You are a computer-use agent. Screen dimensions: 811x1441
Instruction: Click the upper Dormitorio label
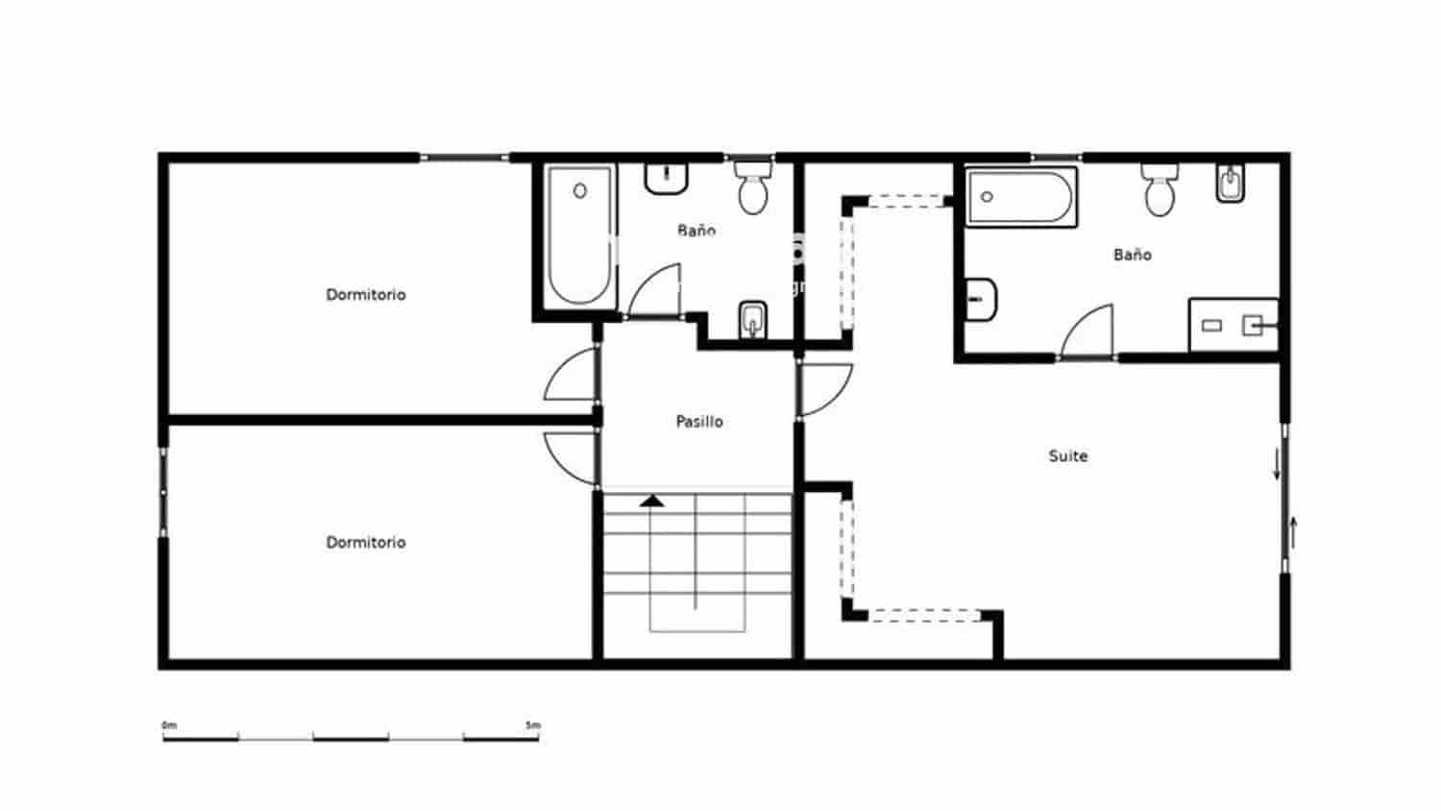pos(366,295)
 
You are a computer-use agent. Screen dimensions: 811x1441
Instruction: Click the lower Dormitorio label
pos(366,543)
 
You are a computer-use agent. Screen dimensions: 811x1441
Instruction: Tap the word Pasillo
pos(699,422)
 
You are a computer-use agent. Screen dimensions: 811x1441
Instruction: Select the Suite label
pos(1068,456)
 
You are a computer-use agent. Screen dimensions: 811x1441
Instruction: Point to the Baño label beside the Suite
pos(1133,255)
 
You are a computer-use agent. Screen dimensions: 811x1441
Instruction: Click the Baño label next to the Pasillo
pos(696,231)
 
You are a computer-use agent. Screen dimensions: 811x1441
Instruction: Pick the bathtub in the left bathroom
pos(579,236)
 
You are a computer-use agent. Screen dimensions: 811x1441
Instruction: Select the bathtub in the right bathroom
pos(1020,198)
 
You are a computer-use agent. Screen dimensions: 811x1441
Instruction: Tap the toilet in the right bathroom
pos(1160,189)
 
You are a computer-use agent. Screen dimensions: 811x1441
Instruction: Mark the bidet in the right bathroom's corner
pos(1231,183)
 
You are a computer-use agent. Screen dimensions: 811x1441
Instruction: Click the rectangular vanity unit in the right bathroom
pos(1233,326)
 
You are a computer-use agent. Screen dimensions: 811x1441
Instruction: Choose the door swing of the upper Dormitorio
pos(573,377)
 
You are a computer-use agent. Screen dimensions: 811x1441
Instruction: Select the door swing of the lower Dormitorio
pos(573,456)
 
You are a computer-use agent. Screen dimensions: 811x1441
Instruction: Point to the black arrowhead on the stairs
pos(652,500)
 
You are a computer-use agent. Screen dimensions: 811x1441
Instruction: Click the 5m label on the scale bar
pos(533,725)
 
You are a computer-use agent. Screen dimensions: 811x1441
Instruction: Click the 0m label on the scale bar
pos(169,725)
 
